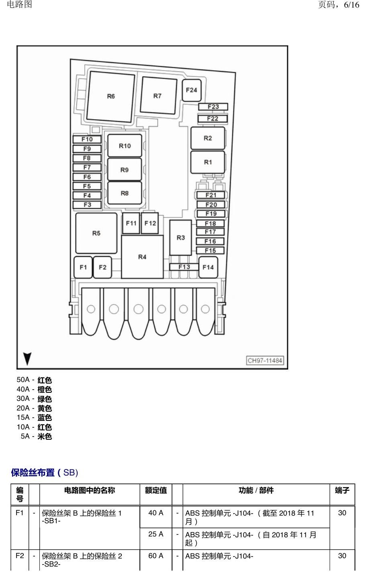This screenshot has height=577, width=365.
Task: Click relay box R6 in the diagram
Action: point(111,97)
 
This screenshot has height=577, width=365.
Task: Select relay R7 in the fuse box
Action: point(158,95)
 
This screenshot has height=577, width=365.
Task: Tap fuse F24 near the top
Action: point(191,90)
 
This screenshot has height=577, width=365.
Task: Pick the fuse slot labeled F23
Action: point(213,107)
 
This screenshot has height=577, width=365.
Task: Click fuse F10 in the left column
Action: point(87,139)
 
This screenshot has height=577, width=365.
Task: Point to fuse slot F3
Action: point(87,205)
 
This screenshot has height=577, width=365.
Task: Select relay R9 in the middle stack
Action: point(125,170)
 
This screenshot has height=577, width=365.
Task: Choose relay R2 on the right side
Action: point(208,138)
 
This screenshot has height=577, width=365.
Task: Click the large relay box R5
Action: point(96,233)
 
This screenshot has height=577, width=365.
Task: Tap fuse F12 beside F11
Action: point(150,223)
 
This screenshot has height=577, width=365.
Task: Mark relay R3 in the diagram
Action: point(181,238)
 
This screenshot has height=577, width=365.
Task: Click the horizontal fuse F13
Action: point(184,267)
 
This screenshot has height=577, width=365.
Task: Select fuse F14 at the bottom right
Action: point(208,267)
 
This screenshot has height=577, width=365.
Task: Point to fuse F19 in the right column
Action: point(211,214)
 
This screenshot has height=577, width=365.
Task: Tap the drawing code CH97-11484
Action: point(265,360)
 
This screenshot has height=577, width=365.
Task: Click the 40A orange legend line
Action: point(34,389)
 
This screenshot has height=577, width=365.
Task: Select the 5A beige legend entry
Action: point(37,436)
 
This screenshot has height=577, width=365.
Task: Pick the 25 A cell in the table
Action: point(156,534)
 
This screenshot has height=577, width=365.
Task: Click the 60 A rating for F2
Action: point(156,556)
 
